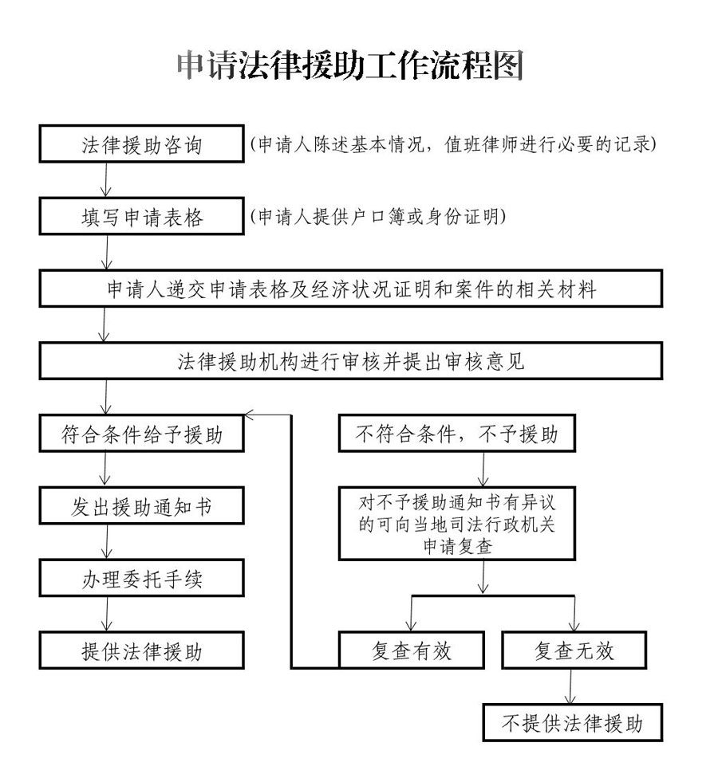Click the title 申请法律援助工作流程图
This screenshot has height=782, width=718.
point(349,65)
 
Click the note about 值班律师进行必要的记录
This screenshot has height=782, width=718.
point(453,144)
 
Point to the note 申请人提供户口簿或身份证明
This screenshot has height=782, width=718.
point(378,217)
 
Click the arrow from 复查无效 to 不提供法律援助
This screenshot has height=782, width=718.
point(570,686)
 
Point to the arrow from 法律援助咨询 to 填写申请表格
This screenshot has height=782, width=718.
point(106,180)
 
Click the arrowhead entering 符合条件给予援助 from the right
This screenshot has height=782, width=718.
point(249,415)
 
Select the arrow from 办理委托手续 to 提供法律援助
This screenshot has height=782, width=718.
point(107,614)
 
